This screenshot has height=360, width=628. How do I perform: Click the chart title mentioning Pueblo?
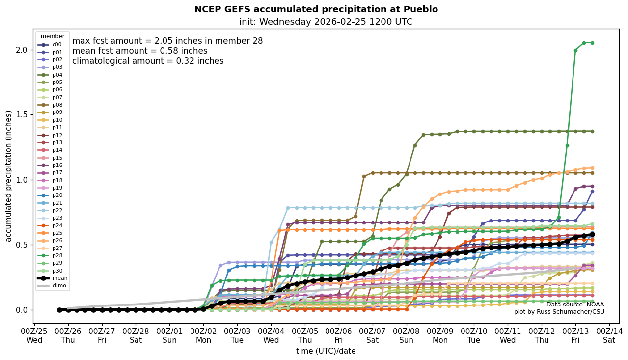coord(316,9)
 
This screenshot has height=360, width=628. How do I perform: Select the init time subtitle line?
coord(326,22)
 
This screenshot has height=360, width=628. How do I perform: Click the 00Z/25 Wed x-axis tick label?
coord(34,335)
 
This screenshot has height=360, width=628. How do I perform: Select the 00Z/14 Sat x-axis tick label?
coord(609,335)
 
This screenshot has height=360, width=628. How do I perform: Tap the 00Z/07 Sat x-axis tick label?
coord(372,335)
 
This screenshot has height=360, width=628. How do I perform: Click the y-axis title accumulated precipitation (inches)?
coord(8,176)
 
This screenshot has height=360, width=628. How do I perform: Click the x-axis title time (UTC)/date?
coord(326,351)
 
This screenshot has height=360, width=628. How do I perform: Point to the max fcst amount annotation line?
coord(167,41)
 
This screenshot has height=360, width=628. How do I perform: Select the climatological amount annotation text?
coord(148,61)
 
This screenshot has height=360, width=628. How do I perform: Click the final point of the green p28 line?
coord(592,43)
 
